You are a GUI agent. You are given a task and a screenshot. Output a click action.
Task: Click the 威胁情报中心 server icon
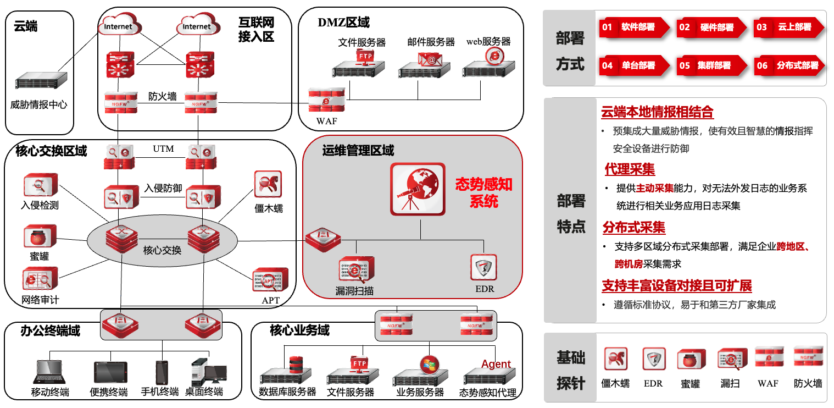click(41, 81)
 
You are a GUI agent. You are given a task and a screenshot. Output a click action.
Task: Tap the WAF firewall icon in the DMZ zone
click(326, 100)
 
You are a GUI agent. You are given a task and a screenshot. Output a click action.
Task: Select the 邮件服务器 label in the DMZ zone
click(431, 42)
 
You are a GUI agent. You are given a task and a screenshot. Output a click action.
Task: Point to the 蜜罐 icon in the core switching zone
click(40, 237)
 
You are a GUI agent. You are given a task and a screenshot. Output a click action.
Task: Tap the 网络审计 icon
click(40, 279)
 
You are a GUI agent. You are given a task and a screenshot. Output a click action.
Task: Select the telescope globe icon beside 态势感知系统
click(418, 188)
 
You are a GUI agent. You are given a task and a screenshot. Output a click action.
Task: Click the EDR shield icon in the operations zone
click(484, 267)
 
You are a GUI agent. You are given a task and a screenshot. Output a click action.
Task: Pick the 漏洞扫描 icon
click(356, 270)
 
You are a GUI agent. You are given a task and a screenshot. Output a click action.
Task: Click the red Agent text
click(496, 364)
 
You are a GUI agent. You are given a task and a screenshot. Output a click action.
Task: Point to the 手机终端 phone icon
click(161, 373)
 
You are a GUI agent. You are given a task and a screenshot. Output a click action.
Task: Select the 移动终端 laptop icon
click(50, 372)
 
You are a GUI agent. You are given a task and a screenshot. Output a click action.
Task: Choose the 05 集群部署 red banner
click(711, 65)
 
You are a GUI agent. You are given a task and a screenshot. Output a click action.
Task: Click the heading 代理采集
click(630, 169)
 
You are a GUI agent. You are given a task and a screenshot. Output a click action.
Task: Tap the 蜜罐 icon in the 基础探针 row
click(691, 359)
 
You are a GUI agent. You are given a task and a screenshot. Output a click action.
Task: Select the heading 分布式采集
click(634, 227)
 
